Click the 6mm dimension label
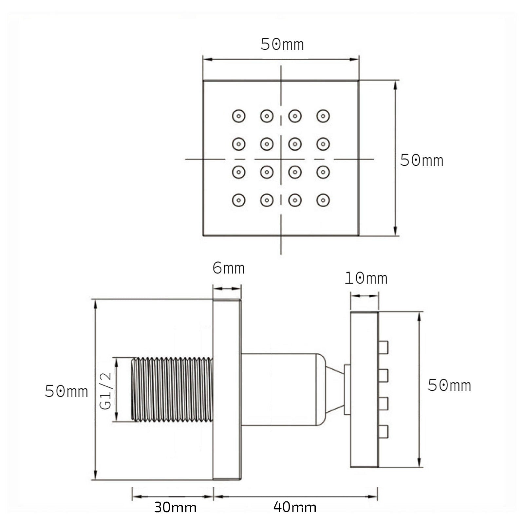(x=228, y=268)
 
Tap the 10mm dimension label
(x=366, y=278)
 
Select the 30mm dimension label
(x=175, y=507)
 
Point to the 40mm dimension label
(x=295, y=507)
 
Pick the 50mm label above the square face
(x=282, y=44)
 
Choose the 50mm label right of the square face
(x=421, y=160)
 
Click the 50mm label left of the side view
(x=66, y=391)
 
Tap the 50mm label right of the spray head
(x=449, y=385)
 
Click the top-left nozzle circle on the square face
(x=239, y=116)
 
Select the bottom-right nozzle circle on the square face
(x=323, y=200)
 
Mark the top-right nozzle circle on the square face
(x=323, y=116)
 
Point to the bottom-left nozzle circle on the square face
(x=239, y=200)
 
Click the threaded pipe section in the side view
(x=172, y=389)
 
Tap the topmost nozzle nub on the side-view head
(x=383, y=347)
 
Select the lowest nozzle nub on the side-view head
(x=383, y=432)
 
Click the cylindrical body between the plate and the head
(x=278, y=389)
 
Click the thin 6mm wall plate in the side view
(x=227, y=389)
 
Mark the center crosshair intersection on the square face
(x=281, y=159)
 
